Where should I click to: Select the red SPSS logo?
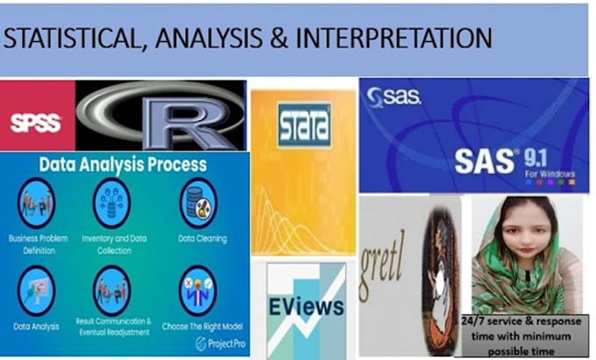pos(34,122)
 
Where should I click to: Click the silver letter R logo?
pos(163,118)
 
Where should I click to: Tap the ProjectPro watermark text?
pos(220,343)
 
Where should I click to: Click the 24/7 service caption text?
pos(520,335)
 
